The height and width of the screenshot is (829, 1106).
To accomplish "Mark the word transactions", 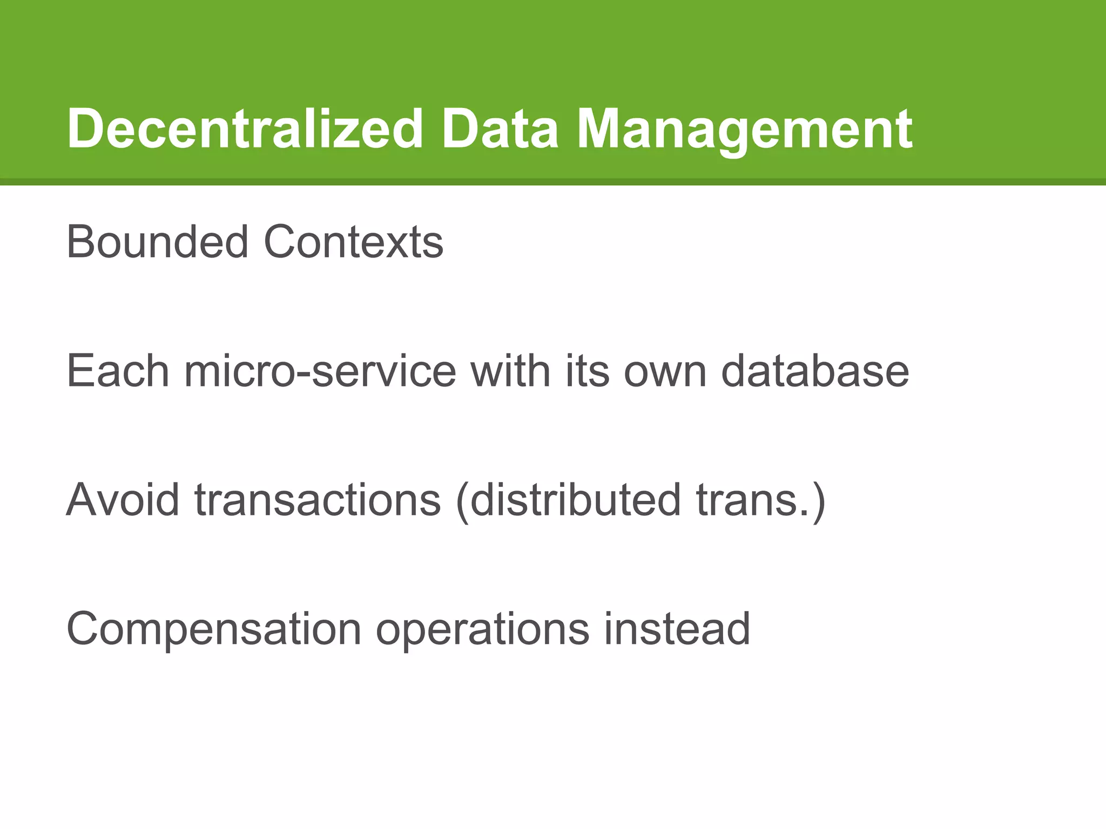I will click(318, 500).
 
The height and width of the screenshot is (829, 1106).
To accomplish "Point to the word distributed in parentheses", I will click(576, 500).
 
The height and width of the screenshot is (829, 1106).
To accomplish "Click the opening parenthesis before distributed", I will click(462, 502).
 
